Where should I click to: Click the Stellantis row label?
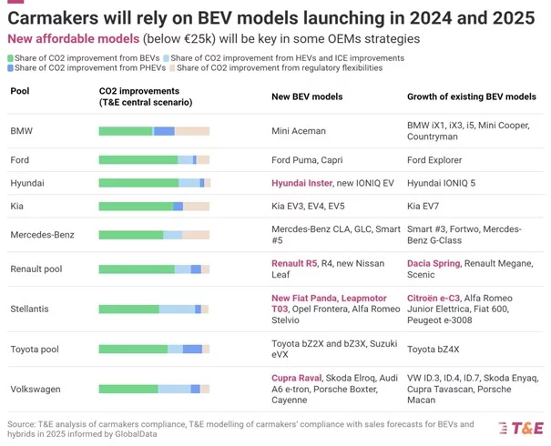pos(30,309)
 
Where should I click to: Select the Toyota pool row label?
pos(35,349)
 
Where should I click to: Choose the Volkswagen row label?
pos(36,389)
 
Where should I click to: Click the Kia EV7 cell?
pos(425,206)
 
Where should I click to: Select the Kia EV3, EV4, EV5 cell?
pos(308,206)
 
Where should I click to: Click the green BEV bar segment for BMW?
pos(126,132)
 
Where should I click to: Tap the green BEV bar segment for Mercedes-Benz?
pos(131,235)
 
